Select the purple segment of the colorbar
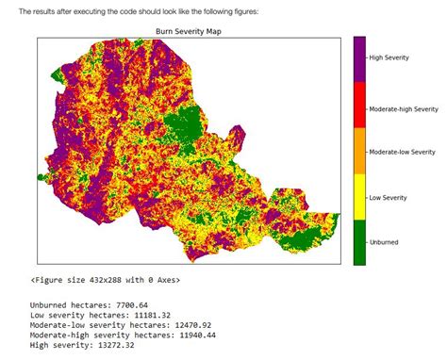tap(359, 58)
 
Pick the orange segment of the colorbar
tap(359, 151)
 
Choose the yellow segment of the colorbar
tap(359, 196)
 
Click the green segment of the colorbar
tap(359, 241)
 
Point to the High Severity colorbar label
tap(389, 58)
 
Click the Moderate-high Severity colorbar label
tap(403, 106)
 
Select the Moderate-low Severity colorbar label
tap(402, 151)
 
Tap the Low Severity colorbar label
tap(388, 197)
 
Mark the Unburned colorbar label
tap(384, 242)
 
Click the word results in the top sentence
tap(43, 11)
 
